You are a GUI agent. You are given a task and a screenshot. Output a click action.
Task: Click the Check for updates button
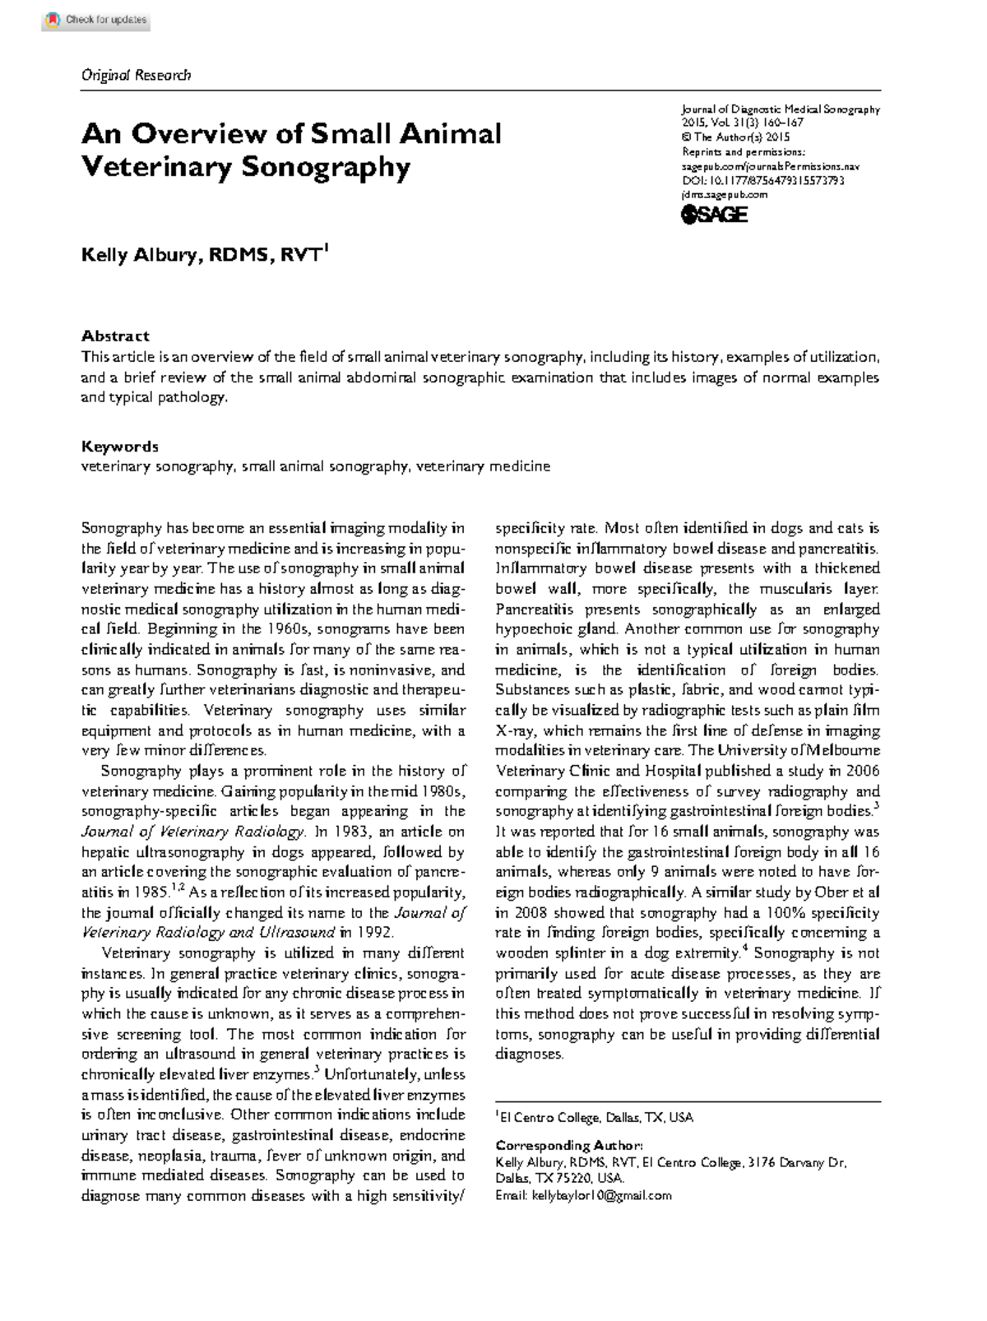click(95, 20)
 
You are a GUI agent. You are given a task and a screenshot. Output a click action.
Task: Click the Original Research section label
click(136, 75)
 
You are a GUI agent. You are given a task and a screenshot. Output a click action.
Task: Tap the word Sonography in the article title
click(326, 167)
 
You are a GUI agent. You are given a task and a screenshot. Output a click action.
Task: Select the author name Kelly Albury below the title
click(140, 255)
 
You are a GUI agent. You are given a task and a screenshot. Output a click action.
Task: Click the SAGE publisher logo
click(714, 215)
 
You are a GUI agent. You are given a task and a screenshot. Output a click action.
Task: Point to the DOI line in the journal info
click(762, 181)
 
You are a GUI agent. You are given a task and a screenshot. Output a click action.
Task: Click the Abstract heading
click(115, 336)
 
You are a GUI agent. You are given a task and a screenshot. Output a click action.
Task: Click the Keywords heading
click(119, 447)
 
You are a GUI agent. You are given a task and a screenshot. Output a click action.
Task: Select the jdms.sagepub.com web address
click(724, 195)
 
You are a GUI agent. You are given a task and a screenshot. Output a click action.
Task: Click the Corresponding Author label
click(568, 1145)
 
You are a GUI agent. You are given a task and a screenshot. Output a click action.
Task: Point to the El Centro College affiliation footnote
click(594, 1117)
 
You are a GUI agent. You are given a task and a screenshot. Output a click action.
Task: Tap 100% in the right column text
click(786, 913)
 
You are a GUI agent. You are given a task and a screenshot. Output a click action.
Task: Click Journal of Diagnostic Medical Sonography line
click(780, 109)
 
